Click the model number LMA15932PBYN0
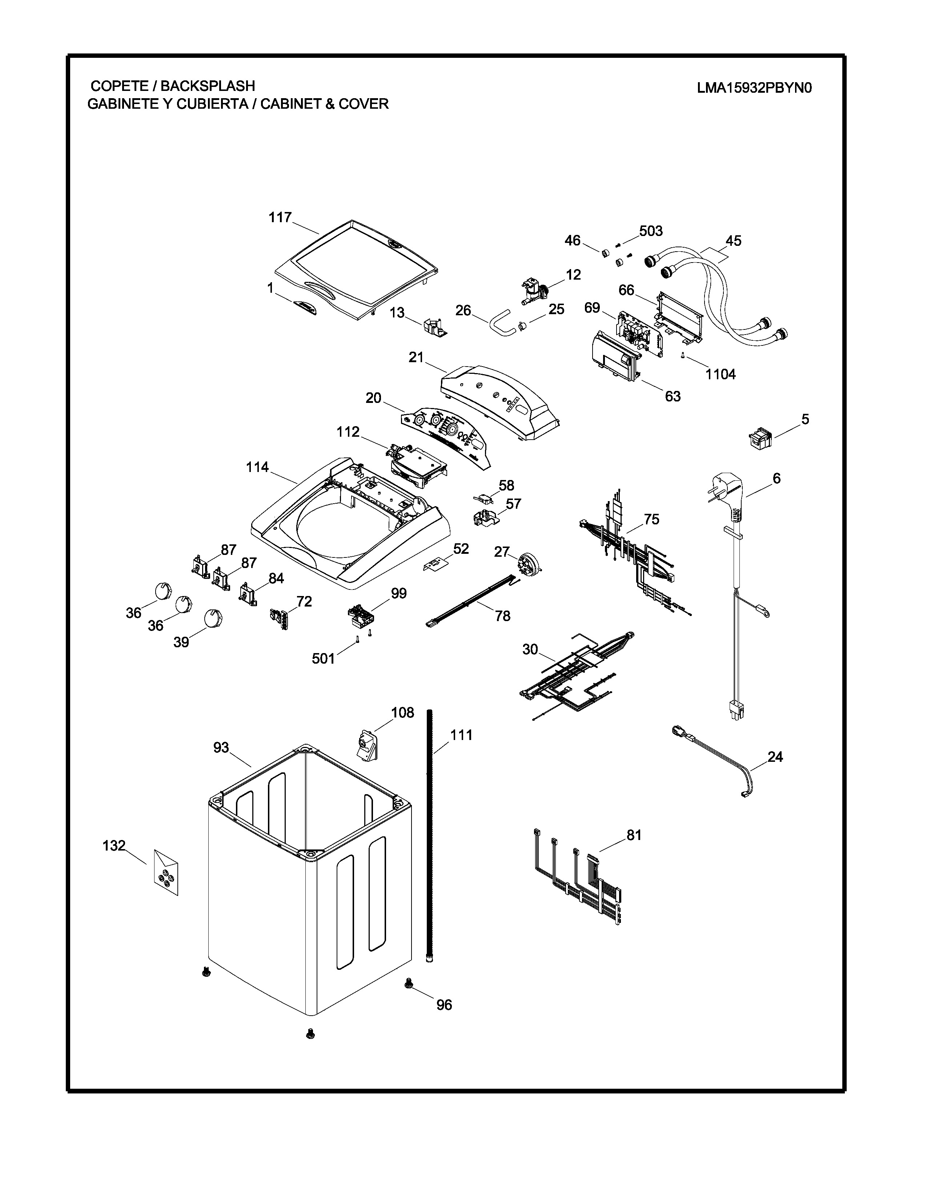(x=754, y=88)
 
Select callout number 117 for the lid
(x=280, y=217)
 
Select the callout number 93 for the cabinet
(x=221, y=748)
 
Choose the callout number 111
(x=461, y=735)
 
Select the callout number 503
(x=651, y=231)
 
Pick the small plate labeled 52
(x=435, y=564)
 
